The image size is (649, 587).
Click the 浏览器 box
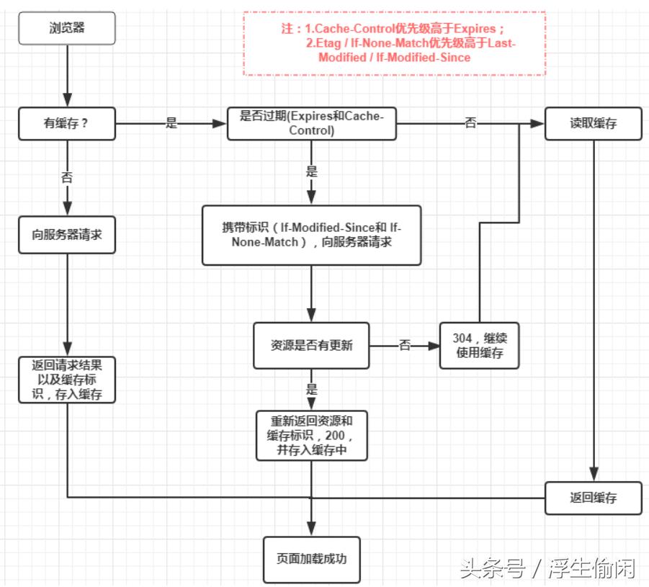coord(66,29)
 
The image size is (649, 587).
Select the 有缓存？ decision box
coord(66,123)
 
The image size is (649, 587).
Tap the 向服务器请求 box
coord(66,234)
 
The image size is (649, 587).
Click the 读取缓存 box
coord(593,123)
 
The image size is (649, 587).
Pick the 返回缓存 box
coord(593,498)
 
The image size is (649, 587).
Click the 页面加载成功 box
coord(311,557)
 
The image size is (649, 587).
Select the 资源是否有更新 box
coord(311,346)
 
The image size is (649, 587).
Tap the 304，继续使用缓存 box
coord(479,346)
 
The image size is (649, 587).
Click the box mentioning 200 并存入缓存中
coord(311,435)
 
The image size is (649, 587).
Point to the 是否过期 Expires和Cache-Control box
coord(311,123)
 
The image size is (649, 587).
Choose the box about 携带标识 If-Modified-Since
coord(311,235)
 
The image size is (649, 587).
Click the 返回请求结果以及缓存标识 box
coord(66,379)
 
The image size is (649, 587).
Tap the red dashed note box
coord(394,43)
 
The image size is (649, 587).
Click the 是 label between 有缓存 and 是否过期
coord(171,123)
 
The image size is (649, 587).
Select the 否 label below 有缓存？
coord(67,177)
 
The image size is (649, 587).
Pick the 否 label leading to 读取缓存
coord(470,123)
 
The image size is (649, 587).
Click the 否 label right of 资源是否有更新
coord(404,346)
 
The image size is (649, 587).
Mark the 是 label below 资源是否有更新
coord(311,389)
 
